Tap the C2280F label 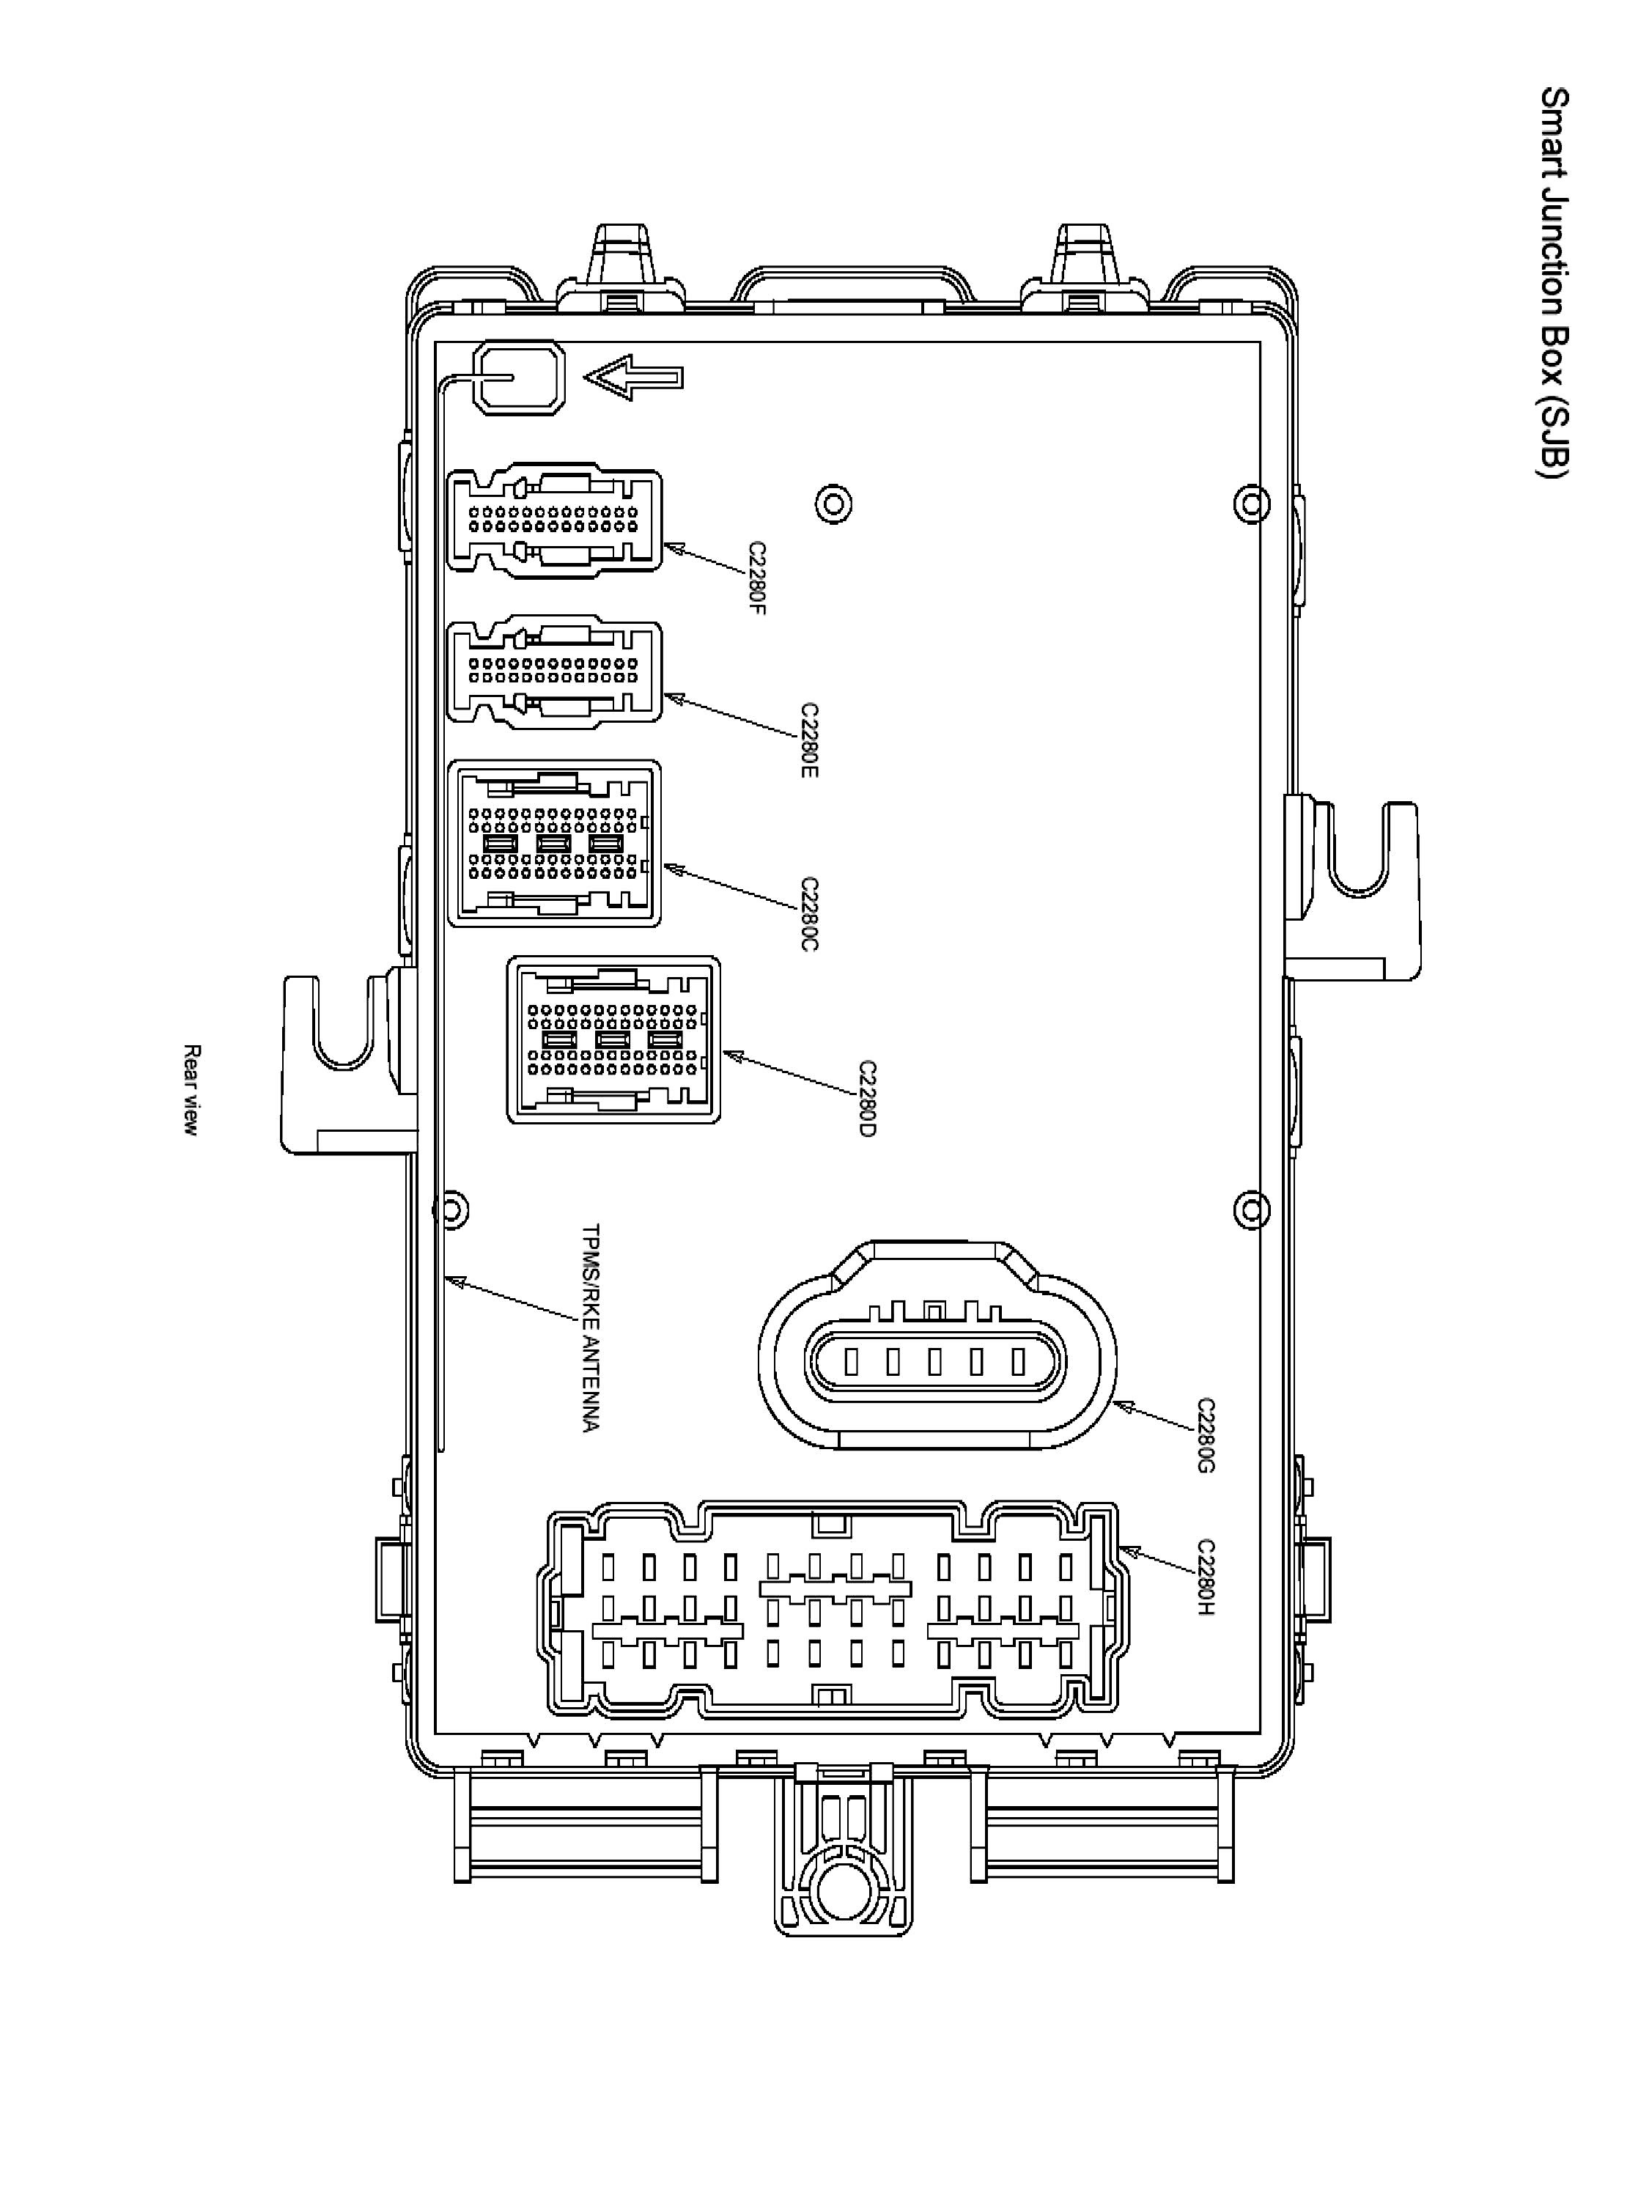pos(757,578)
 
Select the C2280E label pos(809,740)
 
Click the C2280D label pos(867,1099)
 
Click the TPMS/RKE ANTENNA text pos(591,1327)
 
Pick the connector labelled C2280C pos(555,843)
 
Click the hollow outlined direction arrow pos(633,377)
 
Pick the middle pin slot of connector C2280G pos(934,1360)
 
